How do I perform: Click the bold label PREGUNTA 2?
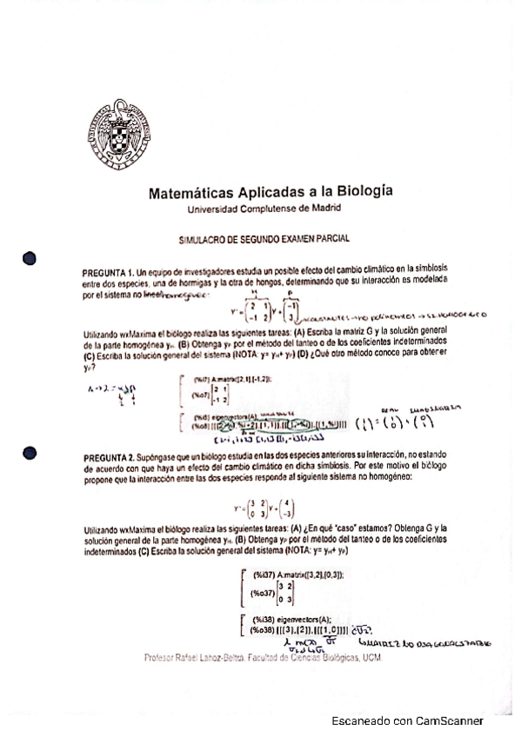tap(110, 457)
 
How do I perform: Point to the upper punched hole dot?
tap(29, 259)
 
